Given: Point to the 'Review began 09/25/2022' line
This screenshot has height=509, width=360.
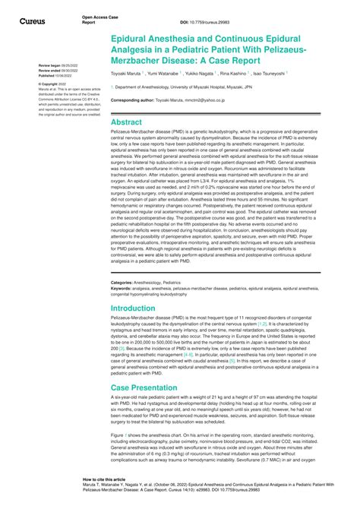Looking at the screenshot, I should (54, 66).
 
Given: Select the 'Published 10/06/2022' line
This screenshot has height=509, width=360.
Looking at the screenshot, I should (53, 75).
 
